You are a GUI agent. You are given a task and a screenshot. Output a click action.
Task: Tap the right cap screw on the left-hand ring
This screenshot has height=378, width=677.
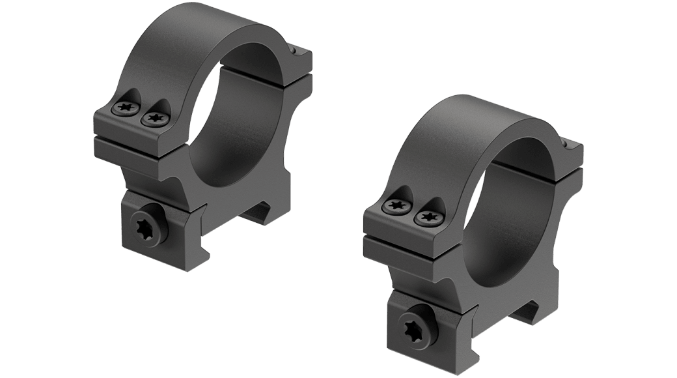pyautogui.click(x=154, y=118)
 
